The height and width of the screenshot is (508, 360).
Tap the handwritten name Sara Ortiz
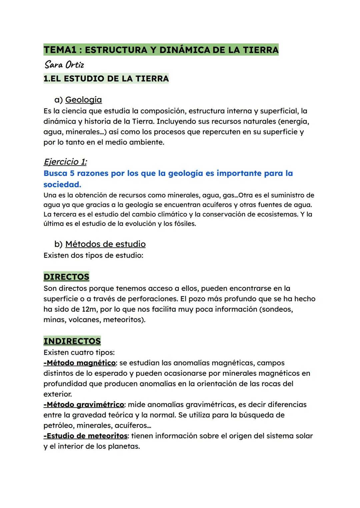pos(64,64)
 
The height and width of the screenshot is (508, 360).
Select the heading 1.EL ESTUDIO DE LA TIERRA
pos(106,79)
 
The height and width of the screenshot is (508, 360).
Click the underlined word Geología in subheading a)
pos(83,100)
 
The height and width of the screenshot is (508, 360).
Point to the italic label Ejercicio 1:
pos(65,162)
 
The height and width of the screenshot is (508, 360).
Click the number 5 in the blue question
pos(72,173)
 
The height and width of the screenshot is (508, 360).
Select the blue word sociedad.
pos(62,185)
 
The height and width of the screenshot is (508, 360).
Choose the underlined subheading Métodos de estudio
pos(105,244)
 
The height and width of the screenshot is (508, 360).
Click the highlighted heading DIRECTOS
pos(66,277)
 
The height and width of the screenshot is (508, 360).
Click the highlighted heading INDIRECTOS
pos(72,341)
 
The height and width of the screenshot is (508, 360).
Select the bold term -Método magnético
pos(79,363)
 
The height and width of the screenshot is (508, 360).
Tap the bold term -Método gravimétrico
pos(84,404)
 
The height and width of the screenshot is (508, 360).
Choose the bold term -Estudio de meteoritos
pos(85,436)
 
